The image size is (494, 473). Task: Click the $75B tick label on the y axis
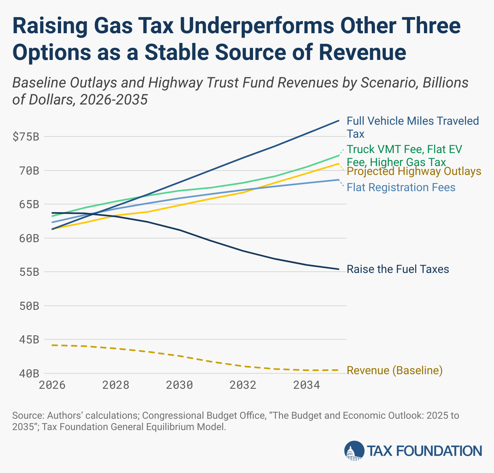(26, 137)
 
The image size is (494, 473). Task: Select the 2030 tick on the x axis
(179, 385)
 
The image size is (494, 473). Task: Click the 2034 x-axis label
(307, 385)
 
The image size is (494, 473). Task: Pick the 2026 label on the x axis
(52, 385)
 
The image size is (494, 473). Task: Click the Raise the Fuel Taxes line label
(398, 269)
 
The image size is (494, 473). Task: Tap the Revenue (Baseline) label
(394, 371)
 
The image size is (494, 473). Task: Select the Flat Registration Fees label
(401, 187)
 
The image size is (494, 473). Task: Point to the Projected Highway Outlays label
(414, 171)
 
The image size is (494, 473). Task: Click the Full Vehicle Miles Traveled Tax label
(413, 127)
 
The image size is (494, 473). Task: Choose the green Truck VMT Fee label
(404, 156)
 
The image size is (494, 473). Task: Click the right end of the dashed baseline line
(339, 370)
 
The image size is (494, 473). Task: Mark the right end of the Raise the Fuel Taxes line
(339, 269)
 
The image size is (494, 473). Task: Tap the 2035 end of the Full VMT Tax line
(339, 121)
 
